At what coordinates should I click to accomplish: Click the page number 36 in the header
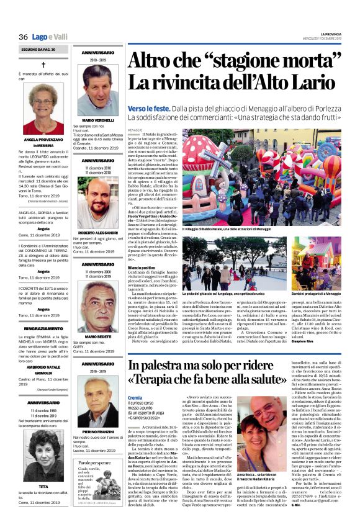[x=24, y=37]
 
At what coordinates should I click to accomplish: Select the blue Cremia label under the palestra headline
[x=135, y=397]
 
